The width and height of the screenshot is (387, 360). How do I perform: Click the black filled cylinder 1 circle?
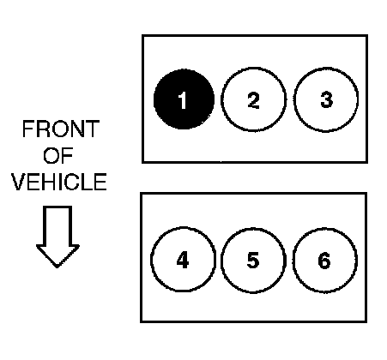[184, 99]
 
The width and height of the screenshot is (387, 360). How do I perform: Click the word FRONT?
[61, 129]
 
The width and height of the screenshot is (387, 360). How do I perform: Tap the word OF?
[58, 155]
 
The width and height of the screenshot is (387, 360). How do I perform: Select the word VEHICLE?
[59, 182]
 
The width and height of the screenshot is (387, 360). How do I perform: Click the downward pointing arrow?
[57, 237]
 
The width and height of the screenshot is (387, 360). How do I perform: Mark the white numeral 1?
[182, 100]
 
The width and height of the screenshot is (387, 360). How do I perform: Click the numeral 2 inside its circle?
[253, 100]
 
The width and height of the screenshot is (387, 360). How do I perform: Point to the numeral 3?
[326, 99]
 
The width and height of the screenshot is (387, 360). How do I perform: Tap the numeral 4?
[183, 260]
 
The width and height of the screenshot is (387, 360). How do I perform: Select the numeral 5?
[253, 260]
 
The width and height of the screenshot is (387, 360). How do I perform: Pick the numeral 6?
[324, 261]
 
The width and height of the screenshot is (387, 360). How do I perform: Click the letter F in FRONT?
[27, 129]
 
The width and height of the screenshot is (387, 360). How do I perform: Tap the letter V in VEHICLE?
[19, 182]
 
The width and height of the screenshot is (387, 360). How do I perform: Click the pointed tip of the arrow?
[57, 267]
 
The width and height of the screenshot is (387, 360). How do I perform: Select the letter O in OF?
[51, 155]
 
